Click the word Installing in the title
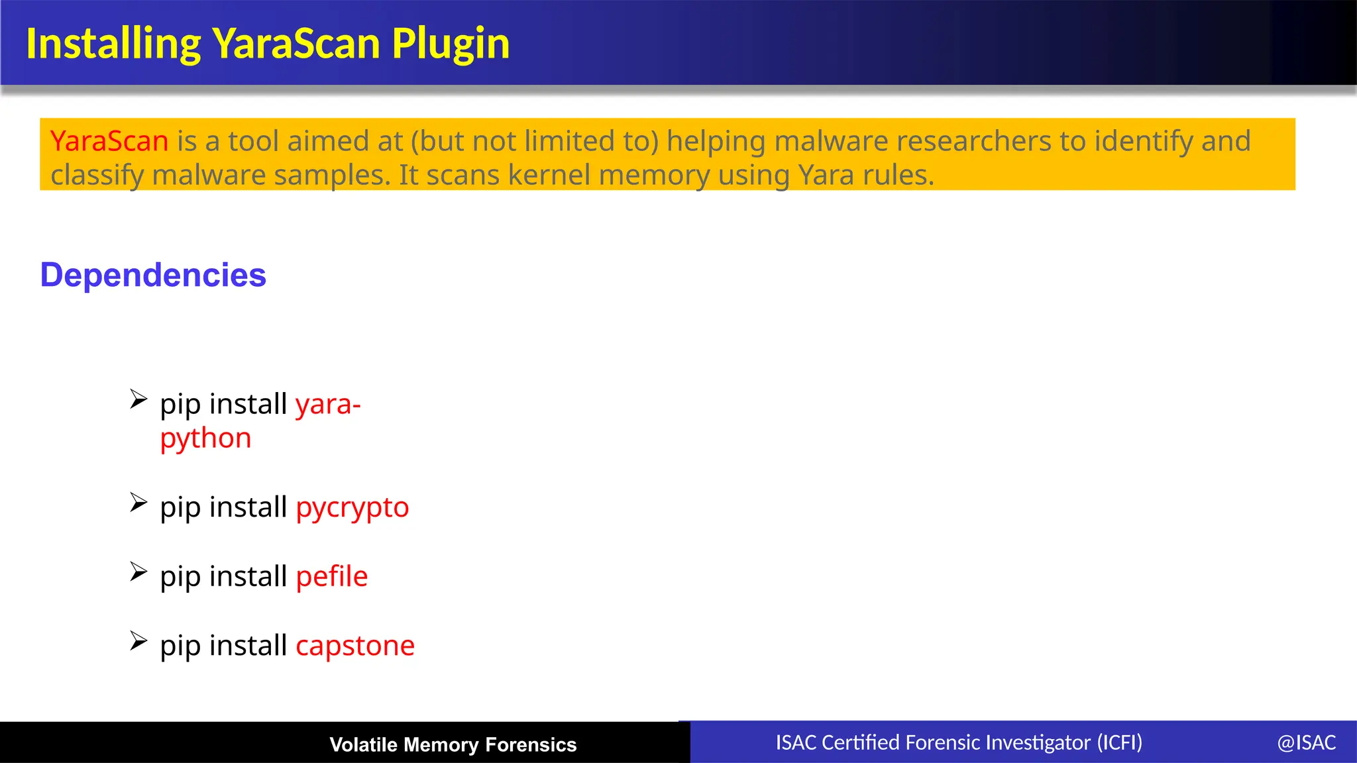point(113,44)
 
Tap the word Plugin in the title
point(450,44)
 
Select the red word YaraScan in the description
point(109,141)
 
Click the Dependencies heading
point(153,275)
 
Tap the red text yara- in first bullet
point(328,404)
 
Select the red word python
point(205,438)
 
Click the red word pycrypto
point(352,508)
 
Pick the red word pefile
point(331,576)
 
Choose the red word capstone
point(355,646)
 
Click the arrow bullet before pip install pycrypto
point(138,503)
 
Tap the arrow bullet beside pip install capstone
point(138,640)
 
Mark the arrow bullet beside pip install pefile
point(138,572)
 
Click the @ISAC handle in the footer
point(1306,742)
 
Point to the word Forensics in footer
point(531,744)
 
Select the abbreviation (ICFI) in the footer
point(1119,742)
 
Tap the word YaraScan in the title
point(296,44)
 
